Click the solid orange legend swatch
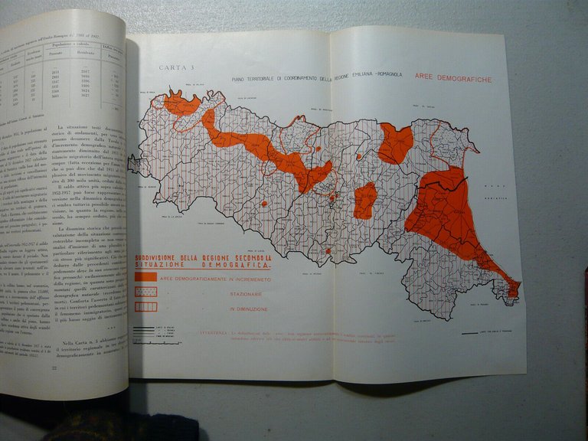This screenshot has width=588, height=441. pyautogui.click(x=145, y=278)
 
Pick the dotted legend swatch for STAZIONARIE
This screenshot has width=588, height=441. pyautogui.click(x=145, y=292)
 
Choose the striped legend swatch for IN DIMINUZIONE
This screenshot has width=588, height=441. pyautogui.click(x=145, y=306)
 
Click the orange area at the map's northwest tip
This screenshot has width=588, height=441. pyautogui.click(x=181, y=104)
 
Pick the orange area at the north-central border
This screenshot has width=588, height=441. pyautogui.click(x=395, y=143)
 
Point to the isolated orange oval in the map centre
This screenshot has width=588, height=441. pyautogui.click(x=365, y=201)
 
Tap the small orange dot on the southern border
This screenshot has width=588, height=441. pyautogui.click(x=328, y=251)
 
